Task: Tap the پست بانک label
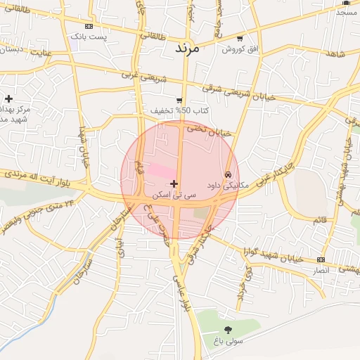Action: point(101,37)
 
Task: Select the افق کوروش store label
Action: point(240,49)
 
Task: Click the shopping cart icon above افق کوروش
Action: point(240,39)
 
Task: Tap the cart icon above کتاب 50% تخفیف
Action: point(180,101)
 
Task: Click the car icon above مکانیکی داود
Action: point(228,174)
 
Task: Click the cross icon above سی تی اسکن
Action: point(174,184)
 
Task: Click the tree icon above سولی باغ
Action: point(228,330)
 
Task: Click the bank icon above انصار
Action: point(322,260)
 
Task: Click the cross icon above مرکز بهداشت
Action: point(8,98)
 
